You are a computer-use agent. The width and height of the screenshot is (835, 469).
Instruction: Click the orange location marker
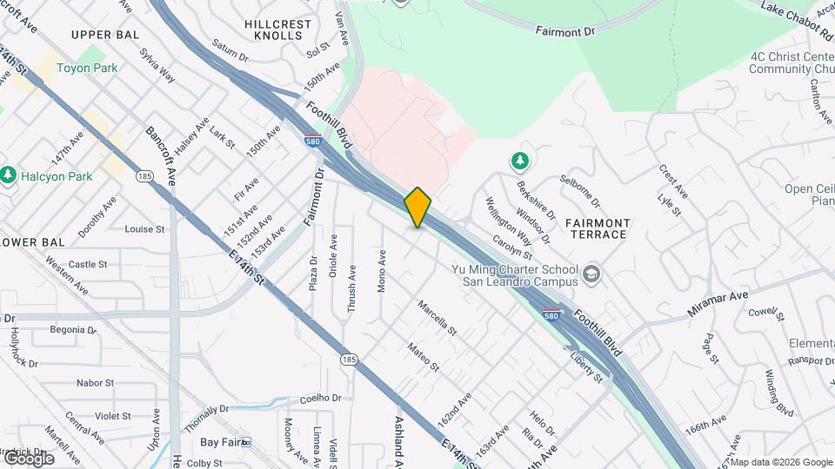click(x=417, y=208)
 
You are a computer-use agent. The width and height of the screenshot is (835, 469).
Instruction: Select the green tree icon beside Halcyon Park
click(x=9, y=176)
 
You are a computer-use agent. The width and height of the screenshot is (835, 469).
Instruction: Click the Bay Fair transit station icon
click(x=245, y=442)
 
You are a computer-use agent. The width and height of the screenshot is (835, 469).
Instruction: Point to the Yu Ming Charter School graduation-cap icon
click(x=592, y=274)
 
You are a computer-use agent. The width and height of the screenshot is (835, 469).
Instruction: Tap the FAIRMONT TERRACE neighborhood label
click(x=596, y=228)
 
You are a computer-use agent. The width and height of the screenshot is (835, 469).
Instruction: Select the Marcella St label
click(x=437, y=319)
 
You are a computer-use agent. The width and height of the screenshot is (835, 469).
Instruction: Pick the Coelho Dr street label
click(x=321, y=398)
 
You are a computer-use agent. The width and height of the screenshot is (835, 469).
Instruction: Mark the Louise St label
click(x=144, y=229)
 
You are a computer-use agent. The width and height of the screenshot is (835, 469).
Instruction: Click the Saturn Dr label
click(x=230, y=51)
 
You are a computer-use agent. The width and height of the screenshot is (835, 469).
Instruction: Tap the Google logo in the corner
click(x=28, y=458)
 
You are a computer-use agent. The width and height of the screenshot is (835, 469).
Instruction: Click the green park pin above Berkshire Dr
click(x=520, y=160)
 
